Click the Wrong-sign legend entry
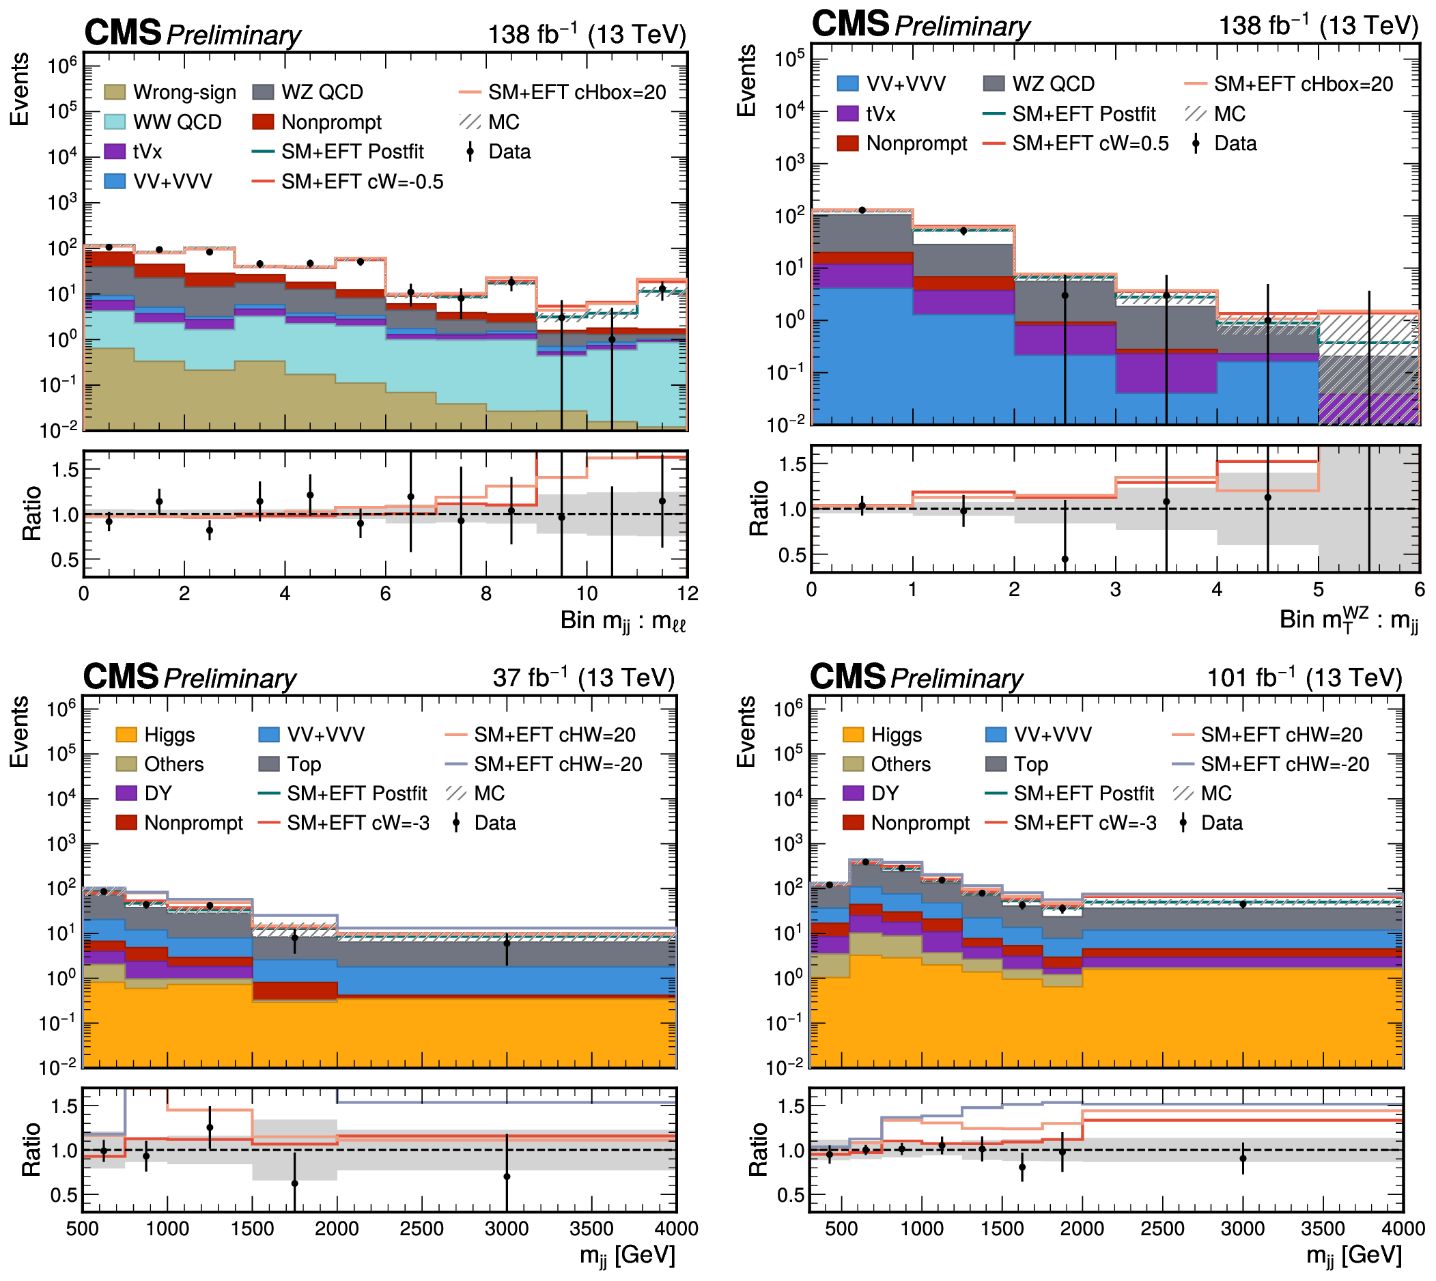point(169,92)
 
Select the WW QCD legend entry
point(163,122)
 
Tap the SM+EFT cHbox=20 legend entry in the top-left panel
point(563,92)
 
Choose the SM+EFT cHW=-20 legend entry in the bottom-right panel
point(1271,764)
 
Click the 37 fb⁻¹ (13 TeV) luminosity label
point(584,678)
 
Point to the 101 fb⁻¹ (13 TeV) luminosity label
point(1304,678)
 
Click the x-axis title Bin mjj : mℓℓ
point(623,621)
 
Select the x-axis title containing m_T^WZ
point(1349,620)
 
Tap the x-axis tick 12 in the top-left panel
point(688,593)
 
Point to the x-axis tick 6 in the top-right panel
point(1419,589)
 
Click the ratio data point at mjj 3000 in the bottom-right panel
point(1243,1159)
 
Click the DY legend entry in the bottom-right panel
point(871,794)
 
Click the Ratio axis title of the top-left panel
point(31,513)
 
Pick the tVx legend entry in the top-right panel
point(866,114)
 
